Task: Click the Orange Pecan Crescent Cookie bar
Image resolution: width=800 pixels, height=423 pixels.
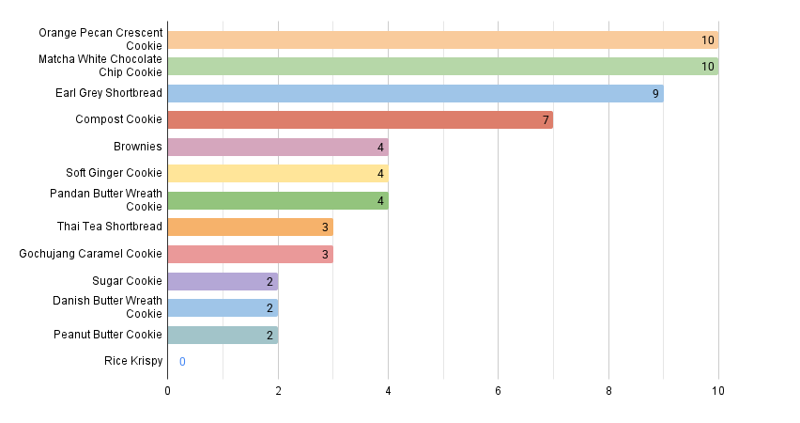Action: click(x=442, y=39)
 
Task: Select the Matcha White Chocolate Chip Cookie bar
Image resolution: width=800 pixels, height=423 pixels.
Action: click(x=442, y=66)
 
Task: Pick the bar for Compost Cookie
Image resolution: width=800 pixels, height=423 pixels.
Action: click(x=360, y=119)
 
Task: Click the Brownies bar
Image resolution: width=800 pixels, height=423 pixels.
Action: click(x=277, y=147)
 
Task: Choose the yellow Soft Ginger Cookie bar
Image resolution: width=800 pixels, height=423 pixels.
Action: click(x=277, y=173)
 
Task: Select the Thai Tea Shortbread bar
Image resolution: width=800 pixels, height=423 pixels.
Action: click(x=250, y=227)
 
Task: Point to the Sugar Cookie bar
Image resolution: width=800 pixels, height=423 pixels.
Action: click(x=223, y=281)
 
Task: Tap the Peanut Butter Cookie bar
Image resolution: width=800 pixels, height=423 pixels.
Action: click(x=223, y=335)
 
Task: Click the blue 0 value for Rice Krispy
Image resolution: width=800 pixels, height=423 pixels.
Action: click(x=182, y=362)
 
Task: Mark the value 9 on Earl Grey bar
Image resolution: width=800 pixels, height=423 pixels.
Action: click(x=655, y=93)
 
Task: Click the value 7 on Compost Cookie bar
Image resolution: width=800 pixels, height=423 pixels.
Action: click(x=546, y=119)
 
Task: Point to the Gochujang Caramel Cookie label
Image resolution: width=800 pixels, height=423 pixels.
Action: click(x=91, y=254)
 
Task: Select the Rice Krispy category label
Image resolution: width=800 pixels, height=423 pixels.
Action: click(x=133, y=361)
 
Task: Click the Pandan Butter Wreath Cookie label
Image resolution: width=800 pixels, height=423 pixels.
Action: click(x=106, y=199)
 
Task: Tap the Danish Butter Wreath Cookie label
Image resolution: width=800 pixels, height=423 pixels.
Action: click(x=108, y=306)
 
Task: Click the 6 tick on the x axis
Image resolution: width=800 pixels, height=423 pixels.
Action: click(x=498, y=390)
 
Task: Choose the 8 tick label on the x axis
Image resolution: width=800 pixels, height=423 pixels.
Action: click(x=608, y=390)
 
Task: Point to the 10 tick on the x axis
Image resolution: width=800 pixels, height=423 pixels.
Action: click(x=718, y=390)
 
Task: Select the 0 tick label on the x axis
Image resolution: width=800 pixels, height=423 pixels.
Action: click(x=168, y=390)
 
